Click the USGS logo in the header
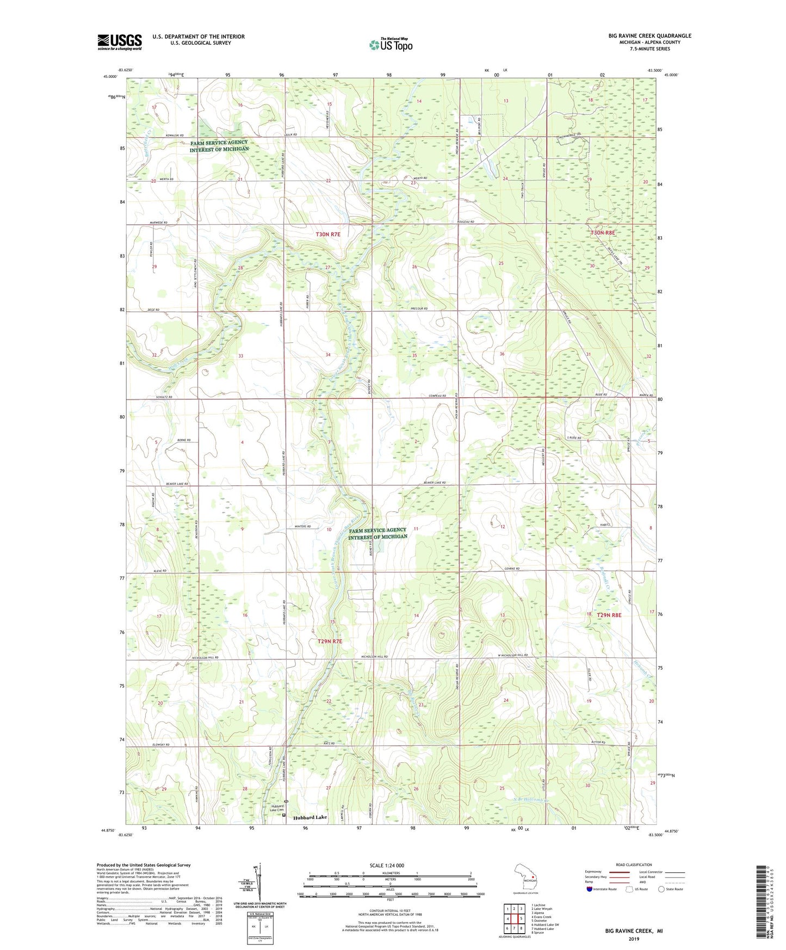pyautogui.click(x=120, y=42)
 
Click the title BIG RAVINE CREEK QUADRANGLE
pyautogui.click(x=650, y=36)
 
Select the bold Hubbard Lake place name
pyautogui.click(x=310, y=818)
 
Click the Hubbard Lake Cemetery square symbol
pyautogui.click(x=283, y=815)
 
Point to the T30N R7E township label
pyautogui.click(x=328, y=235)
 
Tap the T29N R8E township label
pyautogui.click(x=609, y=615)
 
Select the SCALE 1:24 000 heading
pyautogui.click(x=387, y=866)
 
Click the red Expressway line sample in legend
pyautogui.click(x=618, y=872)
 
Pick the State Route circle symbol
pyautogui.click(x=661, y=890)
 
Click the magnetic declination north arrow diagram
pyautogui.click(x=259, y=882)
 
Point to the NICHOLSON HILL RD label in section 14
pyautogui.click(x=374, y=657)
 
